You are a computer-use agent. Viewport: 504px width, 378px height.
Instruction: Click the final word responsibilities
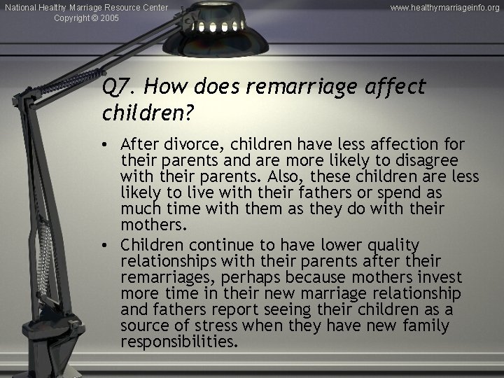click(178, 342)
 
